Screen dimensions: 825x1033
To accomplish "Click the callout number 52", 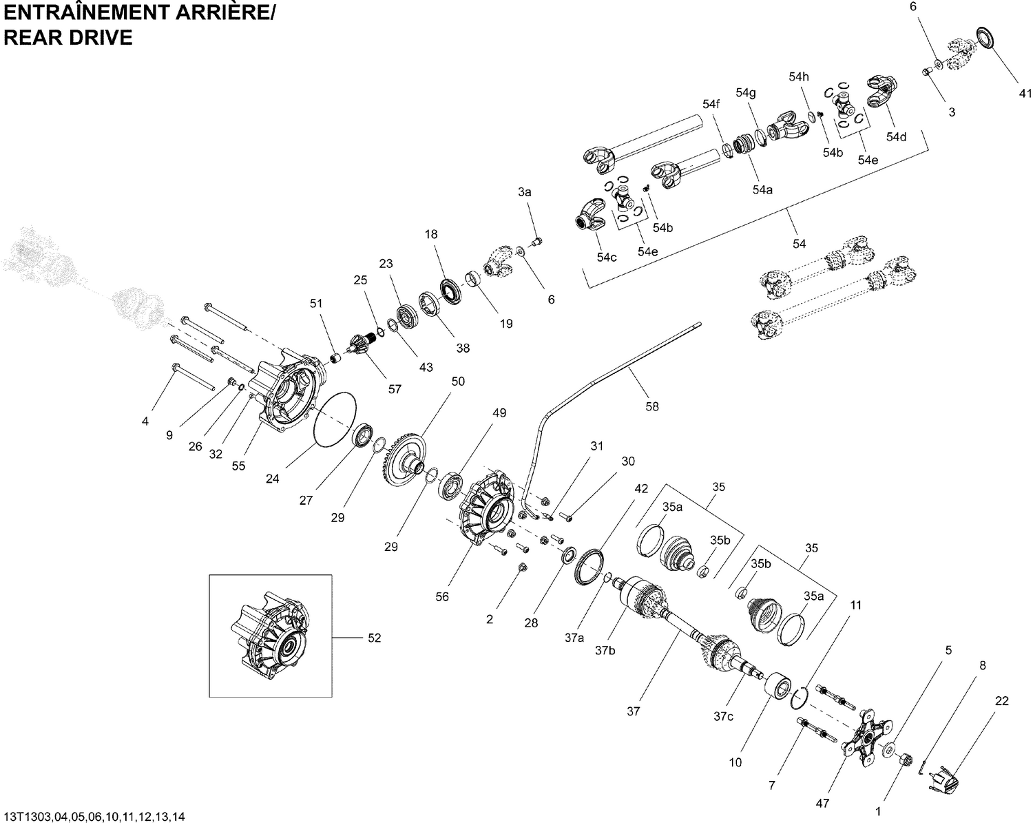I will click(373, 638).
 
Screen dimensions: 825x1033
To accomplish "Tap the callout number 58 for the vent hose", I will click(651, 406).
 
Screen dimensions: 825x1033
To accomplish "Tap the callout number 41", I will click(1025, 94).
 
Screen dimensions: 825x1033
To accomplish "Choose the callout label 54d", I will click(896, 137).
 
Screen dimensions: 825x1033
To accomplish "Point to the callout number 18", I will click(431, 234).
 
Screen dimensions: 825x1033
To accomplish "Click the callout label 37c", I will click(723, 717).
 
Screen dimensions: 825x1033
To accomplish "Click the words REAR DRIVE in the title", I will click(68, 38).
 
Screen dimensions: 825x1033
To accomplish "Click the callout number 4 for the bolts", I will click(145, 421).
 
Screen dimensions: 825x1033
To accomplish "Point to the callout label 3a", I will click(525, 193).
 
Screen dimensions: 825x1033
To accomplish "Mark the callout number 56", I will click(442, 596).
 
